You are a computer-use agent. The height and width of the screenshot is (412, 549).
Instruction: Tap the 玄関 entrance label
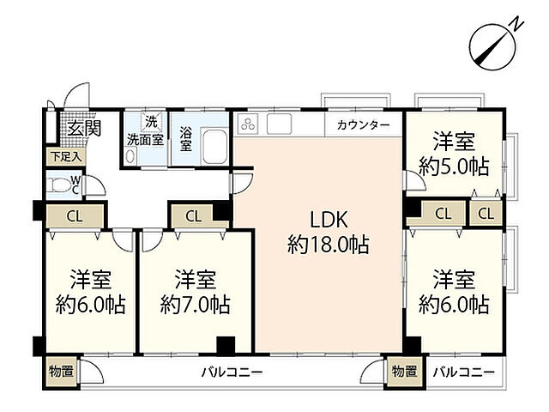pos(84,129)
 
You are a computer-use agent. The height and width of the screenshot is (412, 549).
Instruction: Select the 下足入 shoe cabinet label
pos(64,157)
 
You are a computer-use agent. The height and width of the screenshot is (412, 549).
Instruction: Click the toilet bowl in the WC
pos(59,185)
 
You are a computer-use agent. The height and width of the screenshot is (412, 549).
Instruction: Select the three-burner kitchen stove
pos(250,124)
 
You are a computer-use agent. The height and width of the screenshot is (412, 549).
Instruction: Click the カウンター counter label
pos(363,125)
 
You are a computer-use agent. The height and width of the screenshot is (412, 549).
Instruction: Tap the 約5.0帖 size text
pos(454,166)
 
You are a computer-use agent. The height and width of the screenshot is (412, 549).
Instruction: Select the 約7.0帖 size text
pos(195,304)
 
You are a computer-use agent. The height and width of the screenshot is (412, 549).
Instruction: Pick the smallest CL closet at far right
pos(486,213)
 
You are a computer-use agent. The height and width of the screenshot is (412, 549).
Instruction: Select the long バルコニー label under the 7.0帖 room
pos(232,373)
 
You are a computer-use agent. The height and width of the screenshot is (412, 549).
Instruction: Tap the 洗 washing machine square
pos(151,121)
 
